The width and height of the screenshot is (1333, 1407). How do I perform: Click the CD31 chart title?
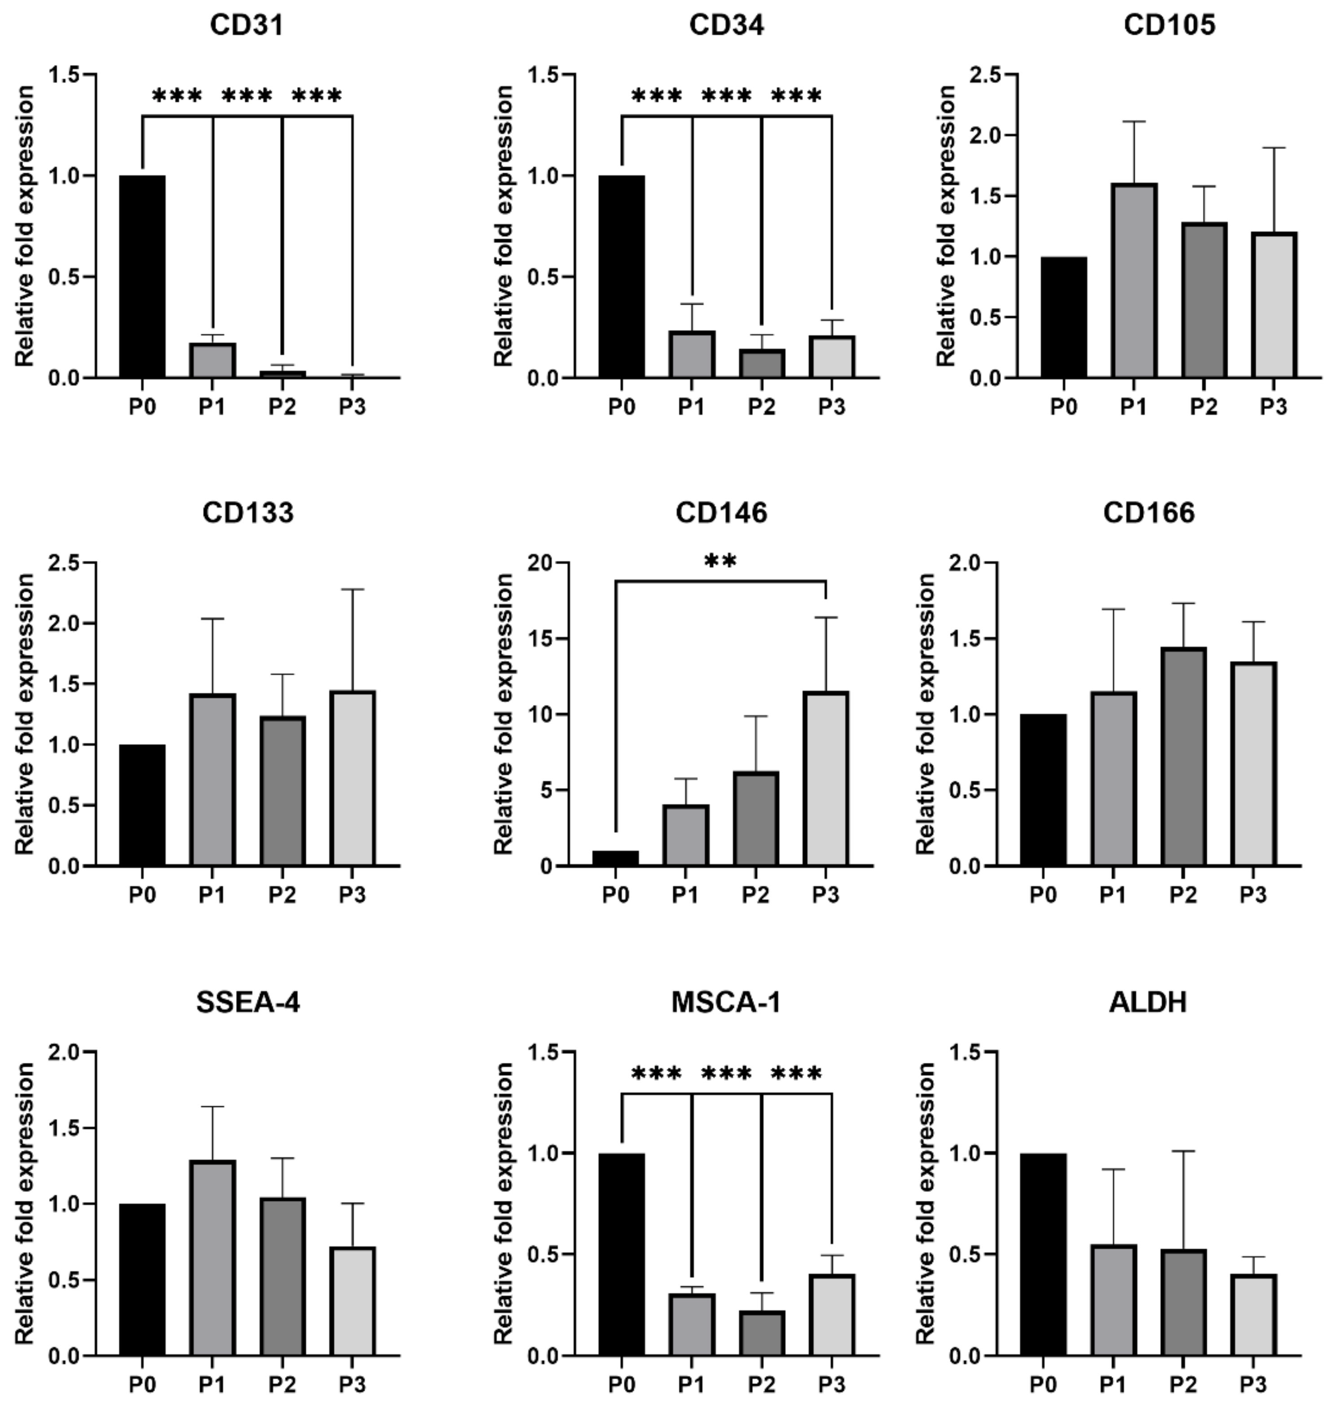coord(246,26)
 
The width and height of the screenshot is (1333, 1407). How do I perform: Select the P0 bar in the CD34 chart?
coord(622,276)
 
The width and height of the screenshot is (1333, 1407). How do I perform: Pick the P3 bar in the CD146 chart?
coord(826,778)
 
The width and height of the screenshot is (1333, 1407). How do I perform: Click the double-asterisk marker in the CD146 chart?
coord(720,562)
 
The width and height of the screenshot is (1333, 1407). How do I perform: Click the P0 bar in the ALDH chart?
coord(1043,1254)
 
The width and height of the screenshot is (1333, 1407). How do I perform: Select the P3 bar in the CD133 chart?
coord(353,778)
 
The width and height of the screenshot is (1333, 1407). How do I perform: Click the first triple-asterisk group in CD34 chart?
coord(656,96)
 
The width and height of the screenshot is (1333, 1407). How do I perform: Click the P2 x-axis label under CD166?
coord(1183,895)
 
